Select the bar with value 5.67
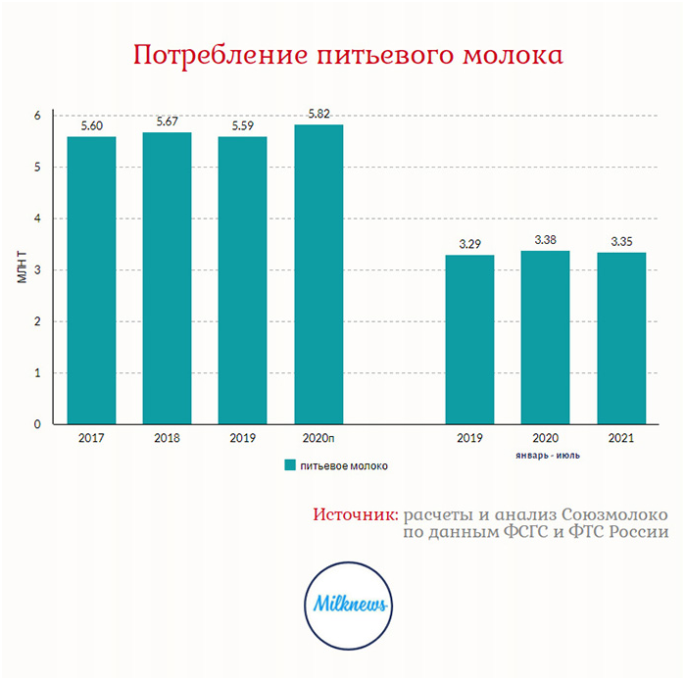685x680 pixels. (x=167, y=278)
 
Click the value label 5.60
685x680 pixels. (x=91, y=124)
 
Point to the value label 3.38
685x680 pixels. (x=546, y=239)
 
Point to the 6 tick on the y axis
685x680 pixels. (x=37, y=116)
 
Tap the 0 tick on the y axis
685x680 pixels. (x=37, y=424)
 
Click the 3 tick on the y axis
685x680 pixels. (x=37, y=270)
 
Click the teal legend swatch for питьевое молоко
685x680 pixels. (x=290, y=465)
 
